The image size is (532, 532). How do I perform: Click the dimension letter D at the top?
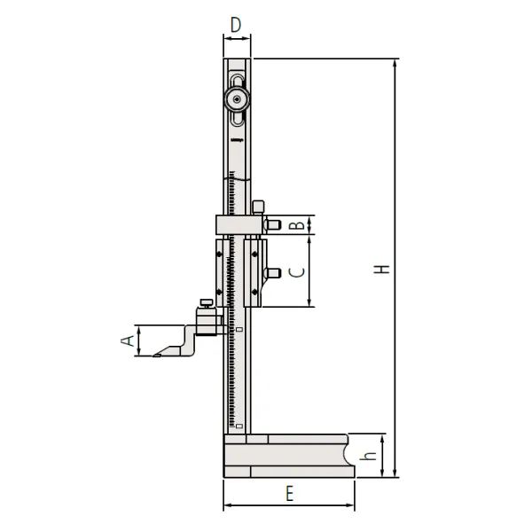tap(235, 25)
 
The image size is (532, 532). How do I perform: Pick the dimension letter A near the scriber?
tap(127, 340)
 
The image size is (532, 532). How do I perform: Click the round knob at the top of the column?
tap(236, 99)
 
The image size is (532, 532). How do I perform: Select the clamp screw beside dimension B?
tap(274, 225)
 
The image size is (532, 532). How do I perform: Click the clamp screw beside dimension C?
tap(274, 272)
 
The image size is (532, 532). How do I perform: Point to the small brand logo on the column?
tap(236, 141)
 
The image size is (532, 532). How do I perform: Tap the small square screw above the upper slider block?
tap(258, 207)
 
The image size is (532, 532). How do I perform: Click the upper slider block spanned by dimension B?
tap(239, 225)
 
